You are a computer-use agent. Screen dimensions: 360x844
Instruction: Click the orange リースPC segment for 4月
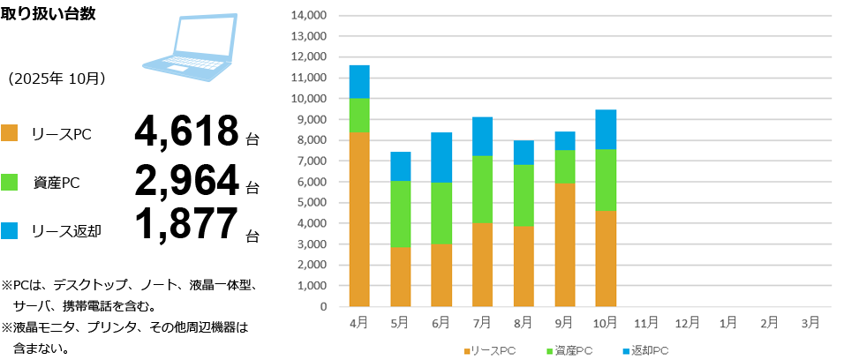[x=359, y=219]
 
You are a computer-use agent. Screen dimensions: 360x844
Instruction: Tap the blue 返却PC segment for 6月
[x=441, y=157]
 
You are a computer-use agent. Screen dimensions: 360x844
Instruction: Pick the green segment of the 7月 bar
[x=482, y=189]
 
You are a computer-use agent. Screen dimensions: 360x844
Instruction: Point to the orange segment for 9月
[x=565, y=244]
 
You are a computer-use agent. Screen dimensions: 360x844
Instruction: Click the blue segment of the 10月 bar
[x=606, y=129]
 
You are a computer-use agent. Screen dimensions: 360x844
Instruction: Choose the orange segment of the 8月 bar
[x=524, y=266]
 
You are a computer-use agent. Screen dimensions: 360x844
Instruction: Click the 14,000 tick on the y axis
[x=308, y=16]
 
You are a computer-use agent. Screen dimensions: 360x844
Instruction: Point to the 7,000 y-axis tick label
[x=310, y=161]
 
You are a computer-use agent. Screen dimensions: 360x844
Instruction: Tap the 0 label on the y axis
[x=323, y=307]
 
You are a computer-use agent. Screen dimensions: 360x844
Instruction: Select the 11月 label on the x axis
[x=646, y=323]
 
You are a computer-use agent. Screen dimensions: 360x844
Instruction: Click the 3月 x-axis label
[x=811, y=323]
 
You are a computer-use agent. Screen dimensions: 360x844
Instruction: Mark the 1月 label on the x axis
[x=728, y=323]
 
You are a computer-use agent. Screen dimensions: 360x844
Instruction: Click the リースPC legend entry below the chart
[x=490, y=351]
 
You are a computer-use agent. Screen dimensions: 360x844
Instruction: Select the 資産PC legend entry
[x=568, y=351]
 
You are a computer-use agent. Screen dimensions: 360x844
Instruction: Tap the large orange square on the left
[x=9, y=133]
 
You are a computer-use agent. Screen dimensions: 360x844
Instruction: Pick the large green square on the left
[x=9, y=182]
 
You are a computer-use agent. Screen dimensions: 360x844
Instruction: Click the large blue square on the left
[x=9, y=230]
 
